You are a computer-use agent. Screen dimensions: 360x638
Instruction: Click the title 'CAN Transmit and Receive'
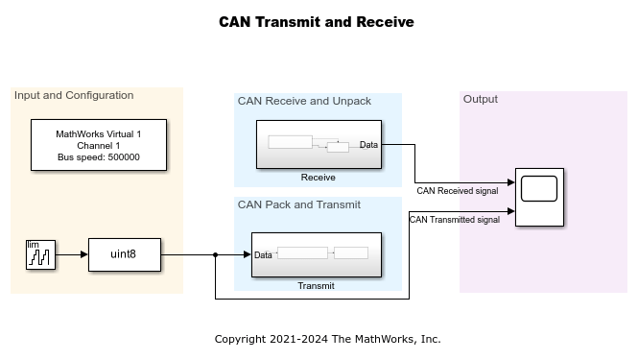pos(317,22)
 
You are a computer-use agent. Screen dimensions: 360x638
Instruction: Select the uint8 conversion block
pos(125,254)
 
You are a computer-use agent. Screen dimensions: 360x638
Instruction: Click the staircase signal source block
pos(39,254)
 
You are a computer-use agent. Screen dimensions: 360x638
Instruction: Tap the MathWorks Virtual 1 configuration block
pos(99,145)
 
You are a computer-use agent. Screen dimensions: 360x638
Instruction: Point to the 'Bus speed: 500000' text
pos(99,157)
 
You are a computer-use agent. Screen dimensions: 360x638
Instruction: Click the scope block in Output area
pos(539,197)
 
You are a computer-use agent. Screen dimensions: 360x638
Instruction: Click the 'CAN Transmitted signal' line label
pos(455,220)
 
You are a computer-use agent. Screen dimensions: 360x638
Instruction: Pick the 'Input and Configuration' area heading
pos(74,96)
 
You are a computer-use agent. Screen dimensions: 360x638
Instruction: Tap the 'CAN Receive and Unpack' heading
pos(303,101)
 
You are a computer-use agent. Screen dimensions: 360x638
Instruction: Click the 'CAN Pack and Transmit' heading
pos(298,204)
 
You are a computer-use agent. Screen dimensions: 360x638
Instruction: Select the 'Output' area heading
pos(481,99)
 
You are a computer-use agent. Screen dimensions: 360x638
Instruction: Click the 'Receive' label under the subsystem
pos(318,177)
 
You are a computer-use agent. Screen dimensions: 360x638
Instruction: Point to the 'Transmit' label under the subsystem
pos(316,285)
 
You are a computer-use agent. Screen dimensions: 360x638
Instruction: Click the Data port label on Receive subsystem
pos(368,145)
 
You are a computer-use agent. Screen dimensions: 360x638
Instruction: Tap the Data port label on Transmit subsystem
pos(263,255)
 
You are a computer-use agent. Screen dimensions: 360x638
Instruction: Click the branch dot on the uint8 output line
pos(216,255)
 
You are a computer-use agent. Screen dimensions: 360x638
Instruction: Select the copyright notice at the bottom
pos(327,339)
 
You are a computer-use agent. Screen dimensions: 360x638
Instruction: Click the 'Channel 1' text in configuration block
pos(99,146)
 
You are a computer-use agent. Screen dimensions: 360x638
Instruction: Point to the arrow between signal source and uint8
pos(72,255)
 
